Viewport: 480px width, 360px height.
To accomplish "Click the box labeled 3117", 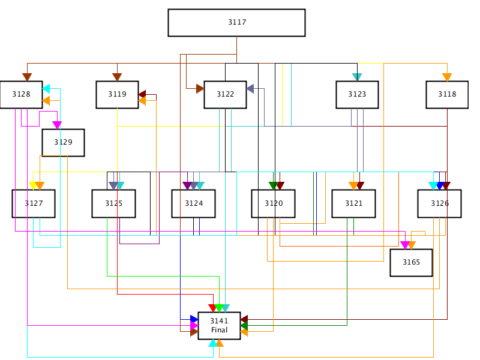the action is (x=236, y=23).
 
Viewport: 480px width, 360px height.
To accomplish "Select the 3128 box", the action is (x=21, y=95).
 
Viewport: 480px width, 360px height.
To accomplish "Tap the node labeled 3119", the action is (x=117, y=95).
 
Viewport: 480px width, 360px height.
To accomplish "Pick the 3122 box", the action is (x=226, y=95).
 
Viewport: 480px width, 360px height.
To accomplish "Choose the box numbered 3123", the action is (x=357, y=95).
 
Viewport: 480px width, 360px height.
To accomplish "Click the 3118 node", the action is (x=447, y=95).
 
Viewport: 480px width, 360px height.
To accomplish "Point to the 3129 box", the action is (x=63, y=143).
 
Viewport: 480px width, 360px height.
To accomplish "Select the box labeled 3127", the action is (x=34, y=203).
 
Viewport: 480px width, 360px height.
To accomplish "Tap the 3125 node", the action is (x=113, y=203).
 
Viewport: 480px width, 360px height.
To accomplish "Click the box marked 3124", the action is (x=193, y=203).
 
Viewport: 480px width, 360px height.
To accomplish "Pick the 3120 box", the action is (x=274, y=203).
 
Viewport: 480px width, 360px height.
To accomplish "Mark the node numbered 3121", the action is (x=353, y=203).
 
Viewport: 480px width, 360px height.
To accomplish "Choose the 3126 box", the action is (x=440, y=203).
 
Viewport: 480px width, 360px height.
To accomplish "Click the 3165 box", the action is (x=411, y=263).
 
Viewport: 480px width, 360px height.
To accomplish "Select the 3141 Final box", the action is (x=219, y=326).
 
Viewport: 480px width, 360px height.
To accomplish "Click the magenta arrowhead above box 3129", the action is (x=57, y=125).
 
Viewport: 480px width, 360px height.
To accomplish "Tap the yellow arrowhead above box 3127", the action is (x=33, y=186).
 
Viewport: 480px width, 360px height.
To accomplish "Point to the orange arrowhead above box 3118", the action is (x=447, y=77).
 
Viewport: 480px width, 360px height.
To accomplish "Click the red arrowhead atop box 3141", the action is (x=212, y=308).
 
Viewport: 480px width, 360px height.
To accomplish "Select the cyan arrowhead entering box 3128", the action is (x=46, y=89).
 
